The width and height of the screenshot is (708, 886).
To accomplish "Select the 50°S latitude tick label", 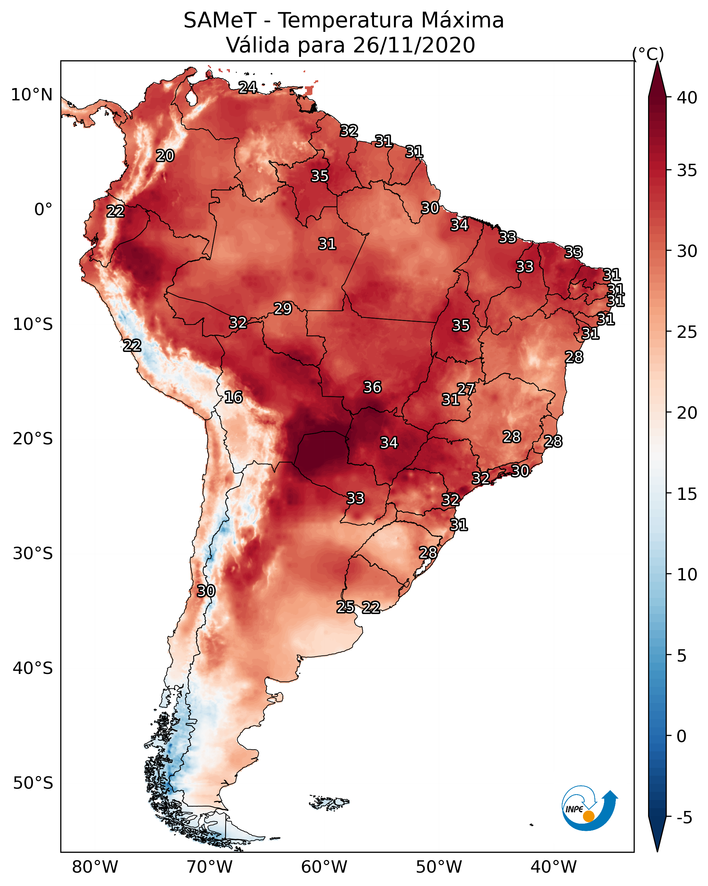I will point(33,783).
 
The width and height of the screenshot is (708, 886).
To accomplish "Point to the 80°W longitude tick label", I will point(95,867).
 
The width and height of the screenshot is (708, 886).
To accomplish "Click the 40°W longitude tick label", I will point(554,867).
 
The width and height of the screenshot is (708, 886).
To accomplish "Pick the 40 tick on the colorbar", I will point(687,98).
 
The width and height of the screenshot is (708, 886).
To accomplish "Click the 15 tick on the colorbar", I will point(687,494).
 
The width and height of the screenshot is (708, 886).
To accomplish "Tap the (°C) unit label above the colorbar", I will point(648,54).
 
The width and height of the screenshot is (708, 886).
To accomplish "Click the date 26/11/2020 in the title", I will point(414,45).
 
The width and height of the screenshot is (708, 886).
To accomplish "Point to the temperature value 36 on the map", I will point(372,387).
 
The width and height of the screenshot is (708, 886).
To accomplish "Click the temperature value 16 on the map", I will point(233,397).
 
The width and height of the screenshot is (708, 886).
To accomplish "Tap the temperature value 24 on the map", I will point(248,87).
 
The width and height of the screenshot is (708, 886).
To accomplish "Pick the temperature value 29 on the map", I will point(283,308).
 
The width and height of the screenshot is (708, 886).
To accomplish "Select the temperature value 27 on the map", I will point(466,389).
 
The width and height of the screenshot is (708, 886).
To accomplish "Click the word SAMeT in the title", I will point(220,21).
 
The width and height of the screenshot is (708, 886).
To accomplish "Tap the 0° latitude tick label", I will point(43,210).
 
